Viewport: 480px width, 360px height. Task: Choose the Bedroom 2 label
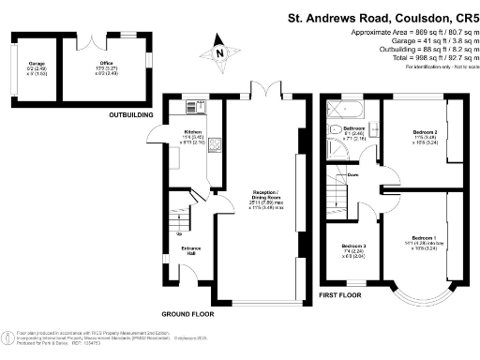point(426,137)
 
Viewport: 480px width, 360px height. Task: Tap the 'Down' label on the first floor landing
point(352,175)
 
